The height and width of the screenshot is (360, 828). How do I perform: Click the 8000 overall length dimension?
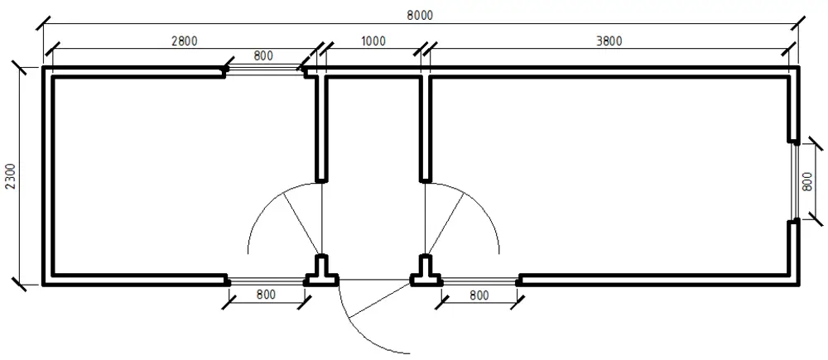pos(420,15)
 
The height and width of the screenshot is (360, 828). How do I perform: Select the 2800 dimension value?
pos(185,41)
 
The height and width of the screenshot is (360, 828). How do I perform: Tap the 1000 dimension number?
pos(373,41)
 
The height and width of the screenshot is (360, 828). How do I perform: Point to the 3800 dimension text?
pos(609,41)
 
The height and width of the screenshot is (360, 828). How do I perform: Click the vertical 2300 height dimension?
pos(12,177)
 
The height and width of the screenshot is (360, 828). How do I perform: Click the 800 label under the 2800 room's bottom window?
pos(266,295)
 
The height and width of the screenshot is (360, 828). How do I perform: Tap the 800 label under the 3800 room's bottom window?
pos(479,295)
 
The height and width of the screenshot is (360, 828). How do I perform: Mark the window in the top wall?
pos(264,70)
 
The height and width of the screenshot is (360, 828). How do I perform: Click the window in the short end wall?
pos(794,180)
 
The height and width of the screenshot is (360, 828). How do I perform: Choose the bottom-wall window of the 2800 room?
pos(267,281)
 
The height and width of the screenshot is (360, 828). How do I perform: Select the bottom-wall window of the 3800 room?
pos(479,281)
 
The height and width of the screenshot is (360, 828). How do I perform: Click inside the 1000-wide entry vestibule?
pos(373,158)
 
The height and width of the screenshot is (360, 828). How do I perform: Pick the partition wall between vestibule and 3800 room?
pos(425,129)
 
